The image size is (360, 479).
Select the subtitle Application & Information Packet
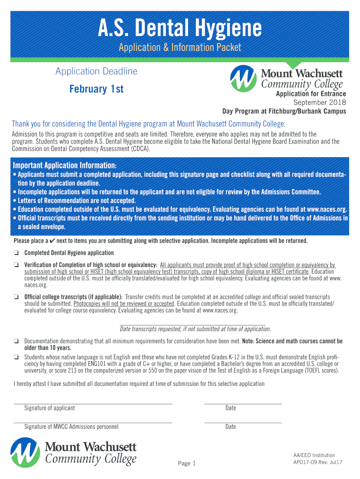pos(180,47)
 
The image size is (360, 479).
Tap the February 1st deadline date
pos(96,89)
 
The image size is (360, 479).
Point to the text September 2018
pos(319,102)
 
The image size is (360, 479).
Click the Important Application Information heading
pos(65,166)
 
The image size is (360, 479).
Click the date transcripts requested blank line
pos(192,323)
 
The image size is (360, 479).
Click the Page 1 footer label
pos(187,464)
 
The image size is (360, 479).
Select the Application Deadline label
pos(96,72)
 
